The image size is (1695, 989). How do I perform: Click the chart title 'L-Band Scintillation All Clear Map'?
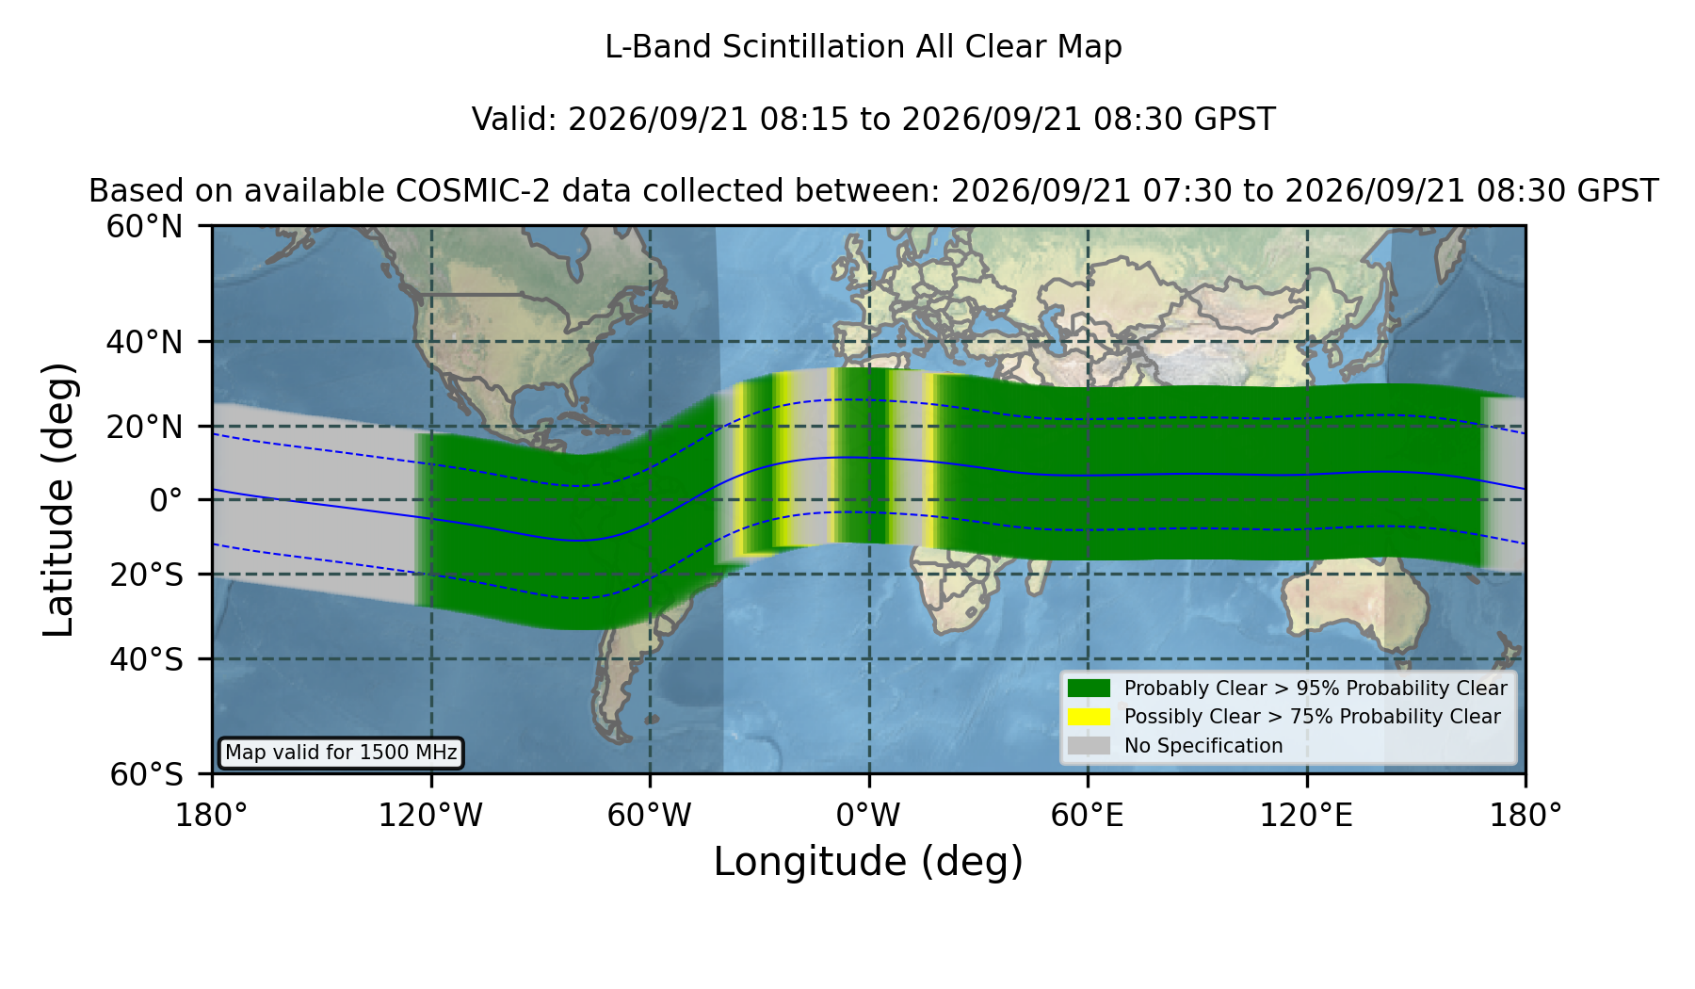coord(863,47)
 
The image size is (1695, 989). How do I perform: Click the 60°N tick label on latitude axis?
coord(144,226)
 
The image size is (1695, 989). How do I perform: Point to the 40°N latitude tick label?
coord(144,342)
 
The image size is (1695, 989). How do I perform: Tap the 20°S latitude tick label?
coord(147,574)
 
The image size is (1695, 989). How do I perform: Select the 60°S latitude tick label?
coord(147,774)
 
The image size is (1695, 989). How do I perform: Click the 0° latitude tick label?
coord(166,499)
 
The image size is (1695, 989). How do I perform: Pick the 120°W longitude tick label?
coord(430,815)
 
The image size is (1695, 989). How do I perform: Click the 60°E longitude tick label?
coord(1088,815)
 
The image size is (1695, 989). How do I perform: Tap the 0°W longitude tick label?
coord(868,815)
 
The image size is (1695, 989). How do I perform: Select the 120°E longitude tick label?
coord(1306,815)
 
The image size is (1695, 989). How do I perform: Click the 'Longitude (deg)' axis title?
coord(868,862)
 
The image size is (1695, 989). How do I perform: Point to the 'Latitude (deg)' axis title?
coord(58,499)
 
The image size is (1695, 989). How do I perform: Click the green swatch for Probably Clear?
coord(1089,689)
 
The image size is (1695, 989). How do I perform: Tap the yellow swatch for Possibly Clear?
coord(1089,717)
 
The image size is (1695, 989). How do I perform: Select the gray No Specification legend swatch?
coord(1089,746)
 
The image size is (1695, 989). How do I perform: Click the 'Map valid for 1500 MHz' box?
coord(341,753)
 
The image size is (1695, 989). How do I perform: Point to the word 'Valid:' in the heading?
coord(514,120)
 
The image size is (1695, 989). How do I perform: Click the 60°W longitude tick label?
coord(650,815)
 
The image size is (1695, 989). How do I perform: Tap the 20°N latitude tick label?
coord(144,426)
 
